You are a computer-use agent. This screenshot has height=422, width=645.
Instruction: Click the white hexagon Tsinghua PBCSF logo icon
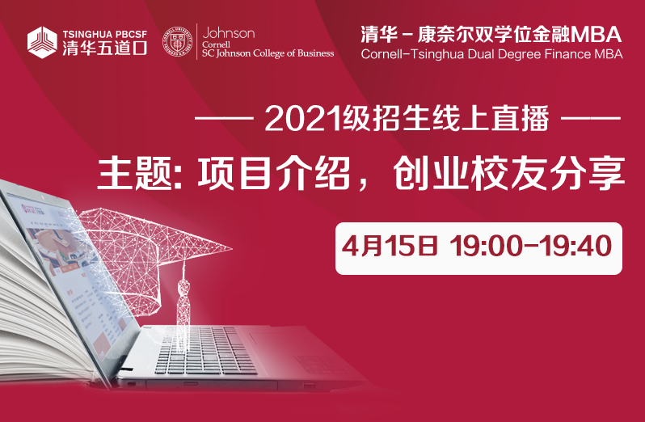click(x=42, y=42)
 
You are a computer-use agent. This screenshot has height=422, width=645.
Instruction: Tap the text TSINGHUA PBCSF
click(x=105, y=35)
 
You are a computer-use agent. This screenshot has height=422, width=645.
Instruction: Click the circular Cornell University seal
click(x=177, y=41)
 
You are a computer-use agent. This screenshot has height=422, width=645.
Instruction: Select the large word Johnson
click(x=228, y=32)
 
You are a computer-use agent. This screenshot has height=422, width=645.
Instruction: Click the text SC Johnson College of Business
click(x=268, y=53)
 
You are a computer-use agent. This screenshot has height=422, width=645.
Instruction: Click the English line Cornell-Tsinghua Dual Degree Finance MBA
click(x=491, y=54)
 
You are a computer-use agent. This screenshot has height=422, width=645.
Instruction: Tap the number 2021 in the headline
click(x=304, y=120)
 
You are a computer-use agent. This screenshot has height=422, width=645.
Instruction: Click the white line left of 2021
click(x=224, y=119)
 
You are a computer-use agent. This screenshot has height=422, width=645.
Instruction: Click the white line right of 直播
click(x=591, y=119)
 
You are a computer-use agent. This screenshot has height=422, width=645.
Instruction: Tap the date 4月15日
click(x=389, y=246)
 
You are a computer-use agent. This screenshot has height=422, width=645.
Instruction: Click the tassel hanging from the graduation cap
click(x=183, y=301)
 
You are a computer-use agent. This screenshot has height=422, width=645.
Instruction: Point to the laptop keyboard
click(x=205, y=350)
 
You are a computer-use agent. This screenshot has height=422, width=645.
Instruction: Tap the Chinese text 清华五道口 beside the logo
click(x=105, y=49)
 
